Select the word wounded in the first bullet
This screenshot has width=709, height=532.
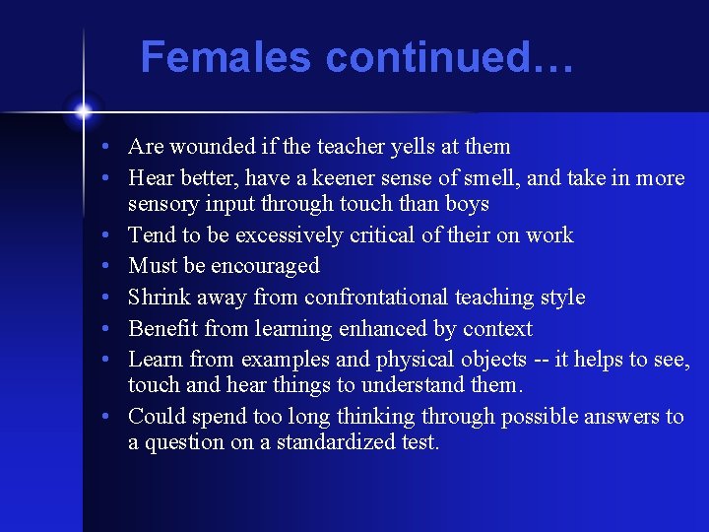208,147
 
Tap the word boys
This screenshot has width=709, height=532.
467,204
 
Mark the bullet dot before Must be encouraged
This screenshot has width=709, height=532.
114,267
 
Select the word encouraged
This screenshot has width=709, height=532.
265,266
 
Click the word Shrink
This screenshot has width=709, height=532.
161,298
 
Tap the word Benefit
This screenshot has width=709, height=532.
164,329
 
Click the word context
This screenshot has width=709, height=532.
496,329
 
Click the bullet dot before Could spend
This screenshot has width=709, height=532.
114,418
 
